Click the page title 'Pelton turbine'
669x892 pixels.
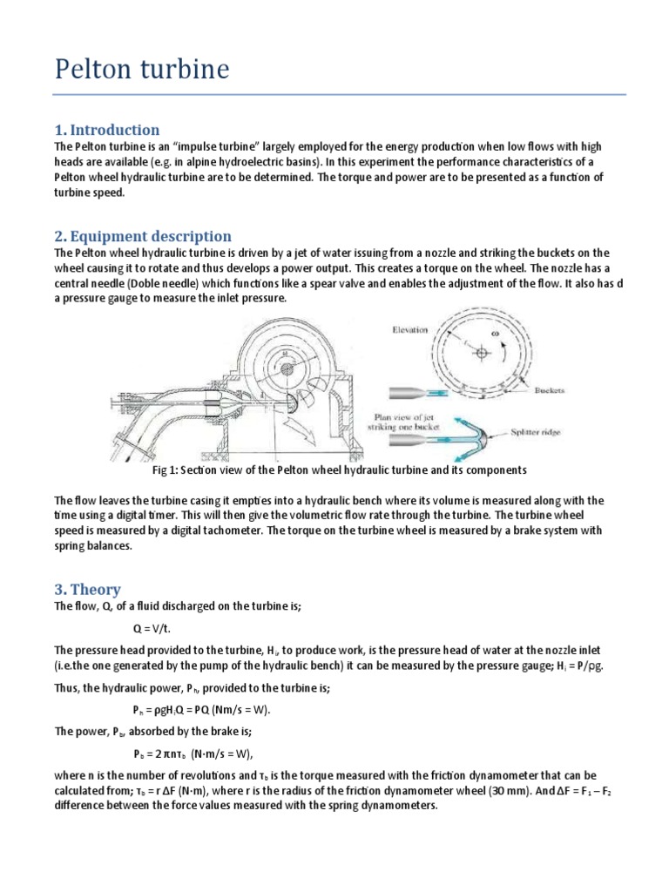pyautogui.click(x=142, y=69)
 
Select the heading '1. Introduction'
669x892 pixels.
pyautogui.click(x=107, y=130)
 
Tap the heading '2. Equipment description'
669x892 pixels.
pyautogui.click(x=143, y=236)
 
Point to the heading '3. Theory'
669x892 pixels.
pyautogui.click(x=87, y=589)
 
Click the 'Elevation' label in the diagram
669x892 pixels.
pyautogui.click(x=409, y=331)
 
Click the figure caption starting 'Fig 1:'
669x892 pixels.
pyautogui.click(x=340, y=470)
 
